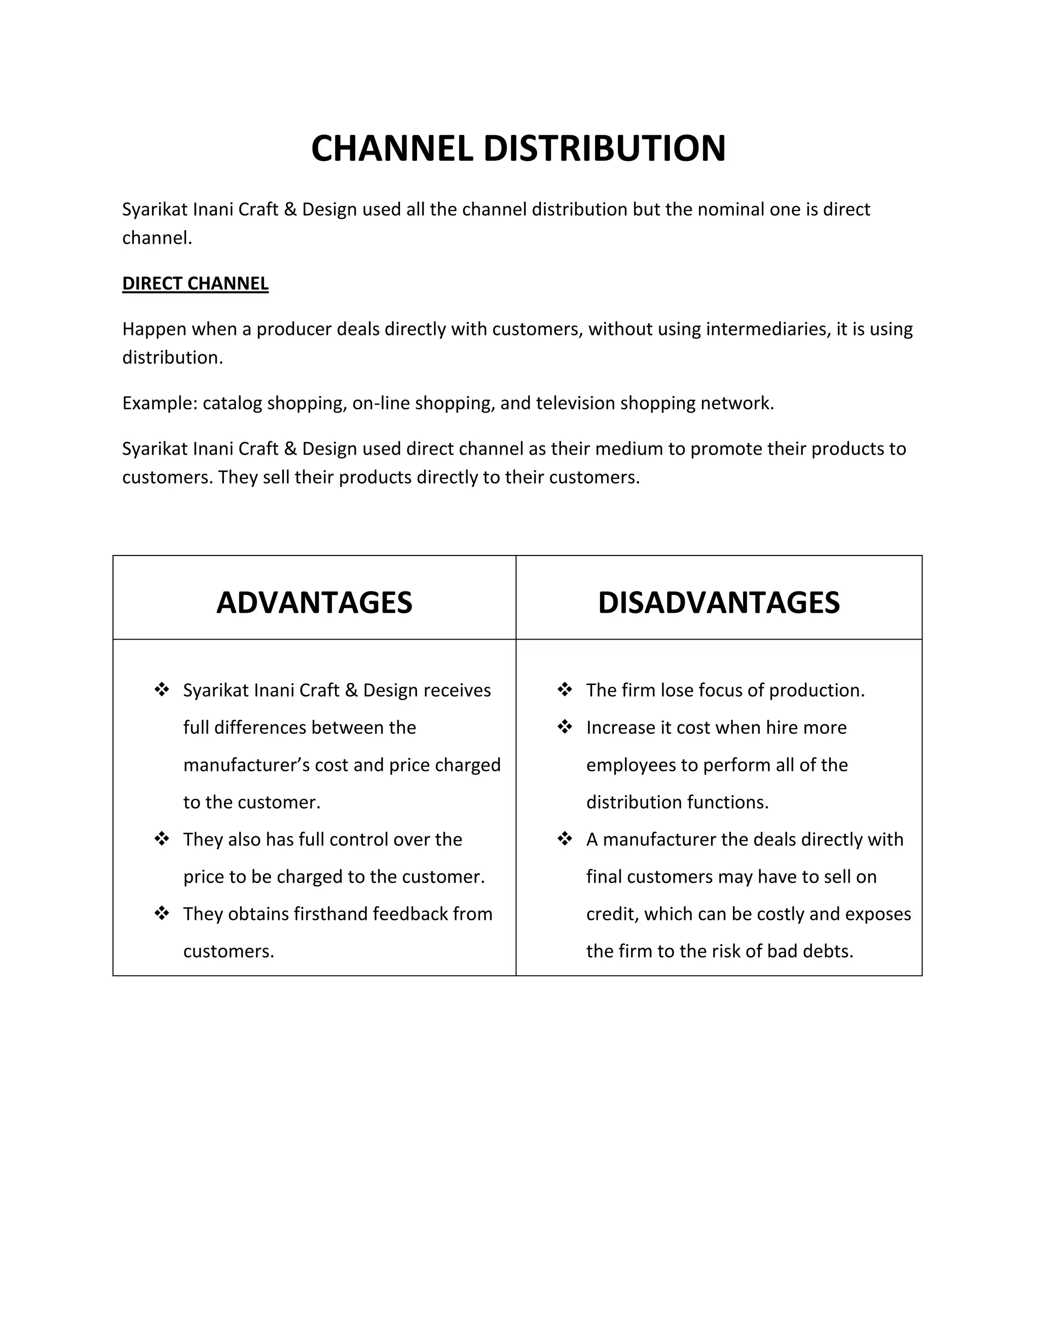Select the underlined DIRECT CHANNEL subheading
195,283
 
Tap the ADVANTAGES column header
314,602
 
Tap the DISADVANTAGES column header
718,602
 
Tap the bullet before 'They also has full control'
162,839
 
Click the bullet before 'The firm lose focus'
565,689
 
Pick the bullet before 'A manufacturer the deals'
565,839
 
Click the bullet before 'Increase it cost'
565,727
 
